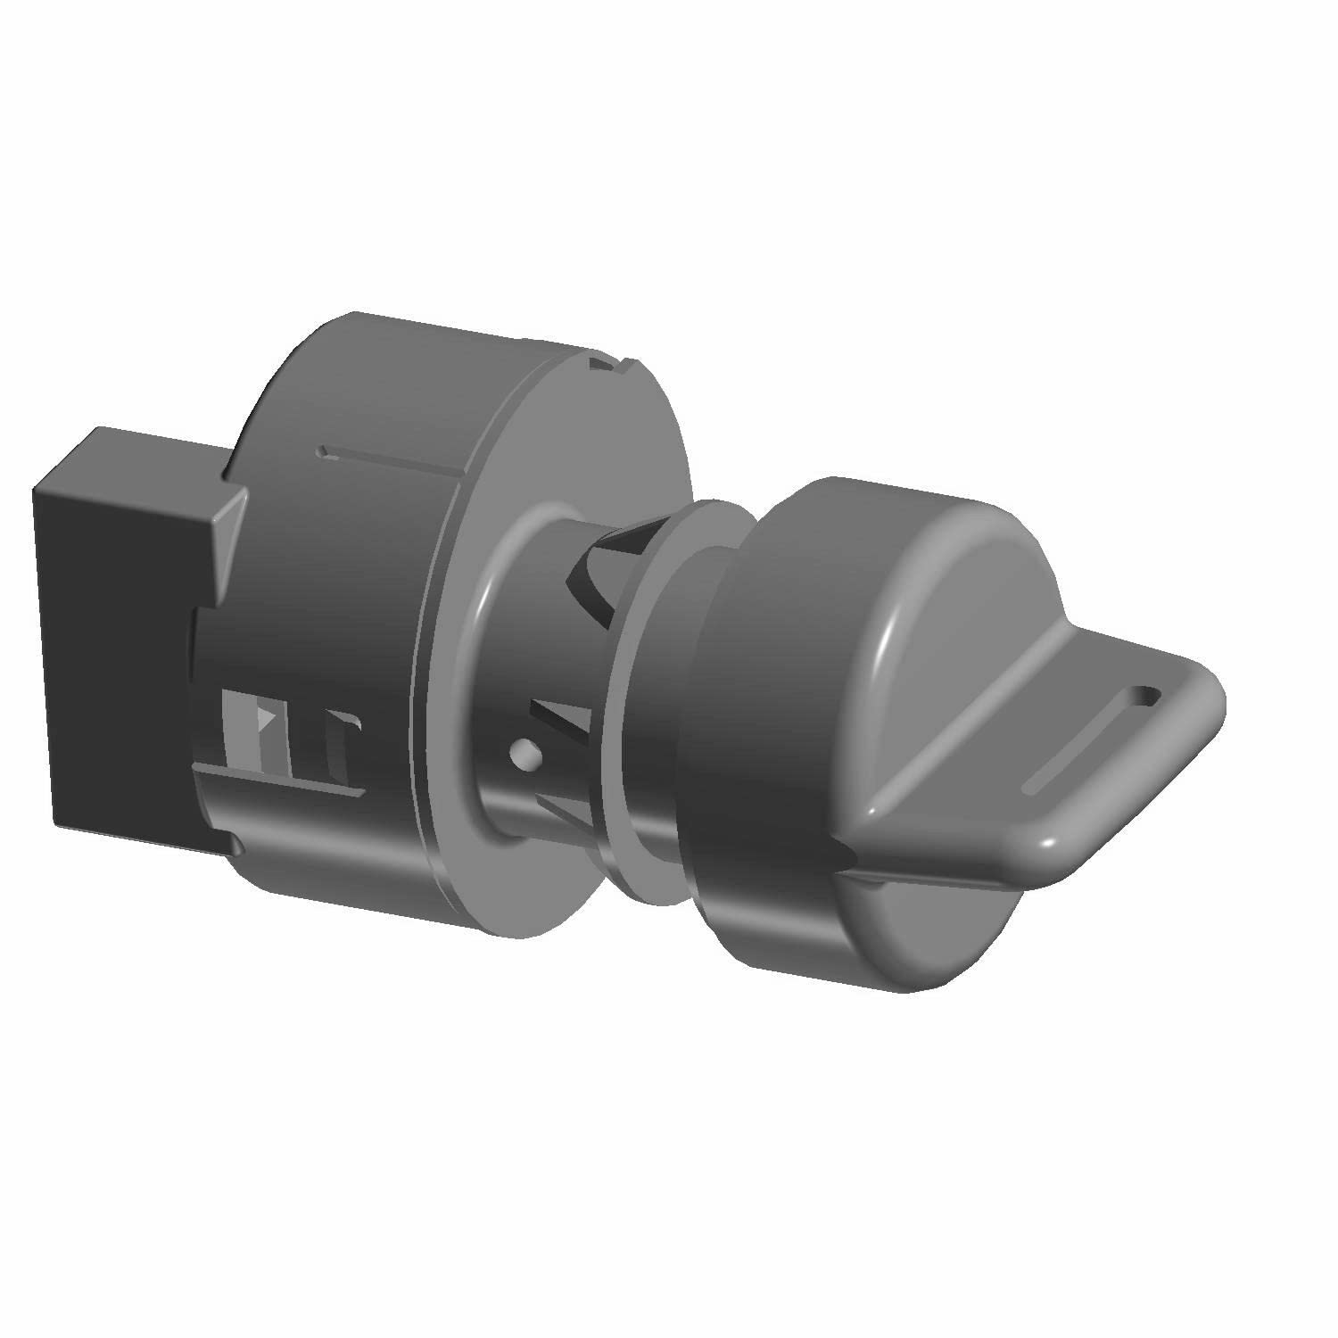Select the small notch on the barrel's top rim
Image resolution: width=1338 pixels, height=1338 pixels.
click(x=615, y=363)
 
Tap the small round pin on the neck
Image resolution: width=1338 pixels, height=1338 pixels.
click(x=526, y=755)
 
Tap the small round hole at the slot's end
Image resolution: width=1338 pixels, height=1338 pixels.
click(x=1144, y=694)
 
